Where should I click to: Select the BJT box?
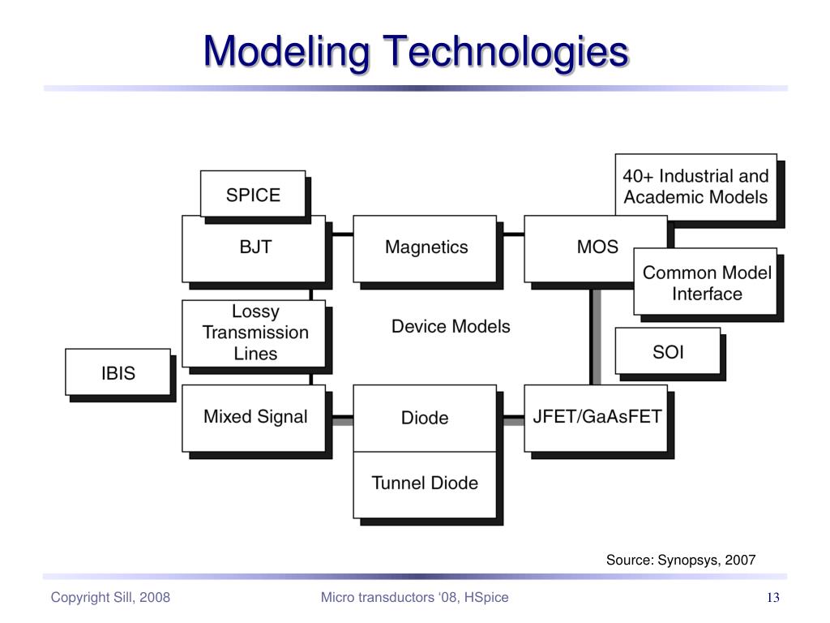click(254, 249)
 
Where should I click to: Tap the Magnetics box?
click(425, 249)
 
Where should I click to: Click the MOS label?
click(597, 247)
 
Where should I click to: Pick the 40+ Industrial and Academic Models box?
click(696, 187)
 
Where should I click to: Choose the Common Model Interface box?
click(705, 281)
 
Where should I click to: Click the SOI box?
click(668, 350)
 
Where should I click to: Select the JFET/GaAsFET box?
click(596, 419)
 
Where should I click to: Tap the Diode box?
click(425, 419)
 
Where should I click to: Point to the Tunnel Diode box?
click(425, 485)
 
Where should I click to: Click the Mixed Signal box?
click(254, 419)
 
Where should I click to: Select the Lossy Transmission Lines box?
click(254, 333)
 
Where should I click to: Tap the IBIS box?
click(118, 372)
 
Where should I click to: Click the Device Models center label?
click(451, 326)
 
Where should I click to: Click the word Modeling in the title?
click(286, 53)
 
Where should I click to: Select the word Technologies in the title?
click(506, 53)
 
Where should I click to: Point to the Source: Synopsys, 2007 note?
click(681, 560)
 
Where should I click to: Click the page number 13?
click(772, 598)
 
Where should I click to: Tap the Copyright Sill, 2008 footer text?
click(110, 598)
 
